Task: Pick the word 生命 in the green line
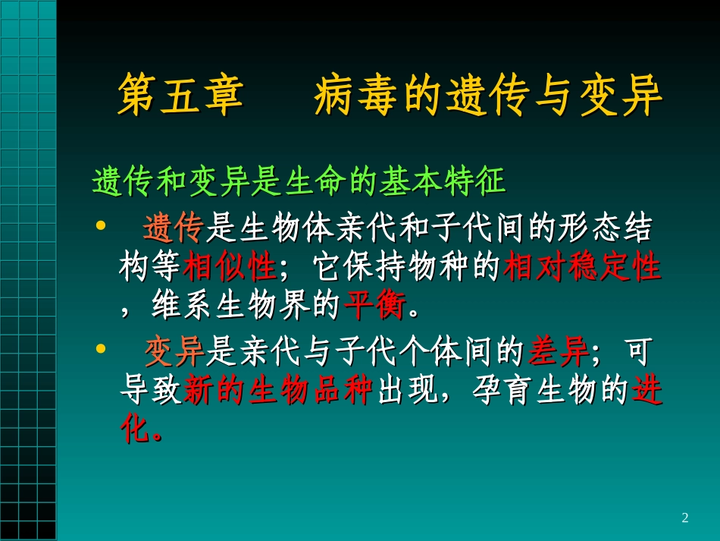tap(308, 182)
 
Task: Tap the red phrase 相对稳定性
tap(582, 267)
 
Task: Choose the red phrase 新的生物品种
tap(277, 392)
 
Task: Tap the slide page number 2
tap(685, 518)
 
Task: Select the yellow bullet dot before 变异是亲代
tap(101, 350)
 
